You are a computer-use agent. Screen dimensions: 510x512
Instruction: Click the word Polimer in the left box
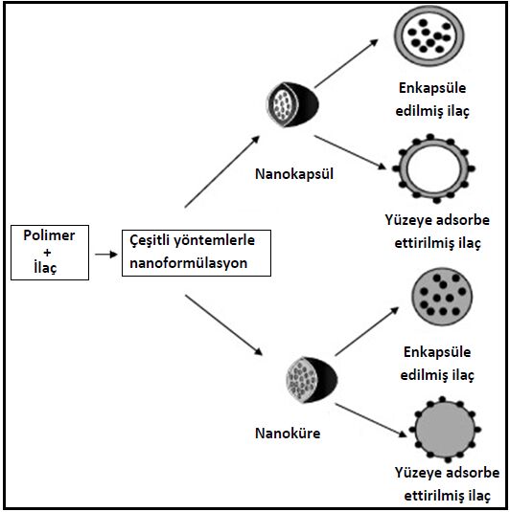(49, 235)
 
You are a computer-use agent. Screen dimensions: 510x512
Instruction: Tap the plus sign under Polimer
(47, 253)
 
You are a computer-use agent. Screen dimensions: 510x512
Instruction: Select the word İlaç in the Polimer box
(45, 267)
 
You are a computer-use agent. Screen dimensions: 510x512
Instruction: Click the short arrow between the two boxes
(106, 255)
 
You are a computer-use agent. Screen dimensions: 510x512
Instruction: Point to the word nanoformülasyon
(189, 263)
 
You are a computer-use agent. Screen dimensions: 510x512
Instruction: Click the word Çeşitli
(150, 240)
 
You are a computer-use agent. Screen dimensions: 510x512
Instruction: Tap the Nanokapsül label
(294, 174)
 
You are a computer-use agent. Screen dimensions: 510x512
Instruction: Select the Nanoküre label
(288, 434)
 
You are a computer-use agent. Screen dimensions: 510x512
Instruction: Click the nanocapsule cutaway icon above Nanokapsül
(292, 104)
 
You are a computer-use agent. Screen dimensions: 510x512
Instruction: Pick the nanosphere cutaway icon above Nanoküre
(312, 379)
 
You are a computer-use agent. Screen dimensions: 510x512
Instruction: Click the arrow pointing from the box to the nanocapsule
(222, 171)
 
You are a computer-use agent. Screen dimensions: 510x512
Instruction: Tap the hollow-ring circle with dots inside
(429, 33)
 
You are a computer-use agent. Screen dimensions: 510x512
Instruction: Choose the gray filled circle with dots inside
(442, 297)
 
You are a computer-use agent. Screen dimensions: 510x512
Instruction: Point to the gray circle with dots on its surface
(445, 429)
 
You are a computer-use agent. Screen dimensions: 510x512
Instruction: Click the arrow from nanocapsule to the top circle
(346, 64)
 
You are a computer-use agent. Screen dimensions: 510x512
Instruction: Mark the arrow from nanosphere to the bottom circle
(371, 420)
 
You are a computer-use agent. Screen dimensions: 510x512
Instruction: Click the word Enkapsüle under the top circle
(432, 88)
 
